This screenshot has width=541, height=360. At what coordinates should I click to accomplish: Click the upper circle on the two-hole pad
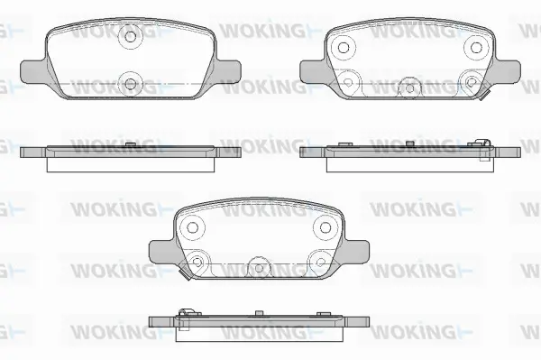click(x=131, y=38)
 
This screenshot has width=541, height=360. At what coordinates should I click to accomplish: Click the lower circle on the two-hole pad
click(x=131, y=84)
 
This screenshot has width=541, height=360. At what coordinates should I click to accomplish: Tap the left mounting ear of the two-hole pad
click(x=32, y=68)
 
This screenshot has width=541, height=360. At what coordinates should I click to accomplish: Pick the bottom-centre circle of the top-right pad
click(x=410, y=86)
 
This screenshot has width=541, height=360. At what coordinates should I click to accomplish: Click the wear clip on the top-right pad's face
click(x=483, y=91)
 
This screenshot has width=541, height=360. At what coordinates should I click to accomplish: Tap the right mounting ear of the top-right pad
click(x=509, y=68)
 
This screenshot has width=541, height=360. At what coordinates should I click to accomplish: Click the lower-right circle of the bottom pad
click(x=320, y=261)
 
